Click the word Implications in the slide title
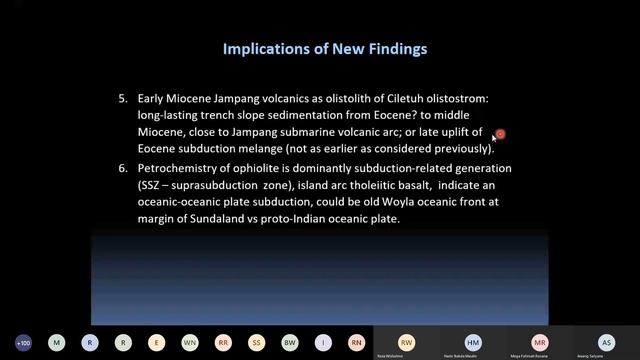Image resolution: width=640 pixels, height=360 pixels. pyautogui.click(x=258, y=47)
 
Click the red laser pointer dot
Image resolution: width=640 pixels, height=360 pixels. pyautogui.click(x=500, y=134)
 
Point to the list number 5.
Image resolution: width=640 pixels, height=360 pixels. pyautogui.click(x=123, y=100)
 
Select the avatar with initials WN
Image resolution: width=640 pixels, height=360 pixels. pyautogui.click(x=189, y=342)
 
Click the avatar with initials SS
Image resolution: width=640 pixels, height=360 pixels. pyautogui.click(x=256, y=342)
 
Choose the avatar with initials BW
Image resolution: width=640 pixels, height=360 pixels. pyautogui.click(x=289, y=342)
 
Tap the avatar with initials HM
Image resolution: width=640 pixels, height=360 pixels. pyautogui.click(x=473, y=341)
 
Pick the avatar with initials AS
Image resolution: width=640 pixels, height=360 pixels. pyautogui.click(x=606, y=341)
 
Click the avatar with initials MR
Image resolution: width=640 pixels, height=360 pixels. pyautogui.click(x=540, y=341)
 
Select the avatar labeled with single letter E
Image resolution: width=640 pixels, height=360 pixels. pyautogui.click(x=156, y=342)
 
